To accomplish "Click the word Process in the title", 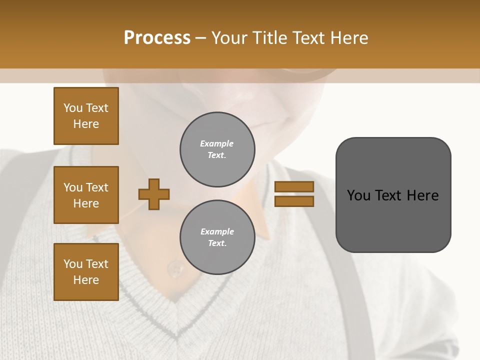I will tap(157, 38).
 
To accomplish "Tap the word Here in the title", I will tap(349, 38).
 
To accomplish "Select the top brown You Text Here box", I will tap(86, 116).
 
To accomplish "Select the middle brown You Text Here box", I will tap(86, 195).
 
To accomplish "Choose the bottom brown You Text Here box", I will tap(86, 272).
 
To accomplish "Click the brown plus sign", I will tap(154, 194).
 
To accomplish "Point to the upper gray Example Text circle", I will tap(217, 149).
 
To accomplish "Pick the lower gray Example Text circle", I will tap(217, 237).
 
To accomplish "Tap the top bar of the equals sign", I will tap(294, 187).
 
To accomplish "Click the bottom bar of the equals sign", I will tap(294, 201).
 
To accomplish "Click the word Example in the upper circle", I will tap(217, 143).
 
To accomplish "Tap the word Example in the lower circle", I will tap(217, 231).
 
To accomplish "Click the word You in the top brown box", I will tap(73, 108).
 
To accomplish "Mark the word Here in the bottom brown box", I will tap(86, 280).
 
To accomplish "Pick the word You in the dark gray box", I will tap(358, 195).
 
